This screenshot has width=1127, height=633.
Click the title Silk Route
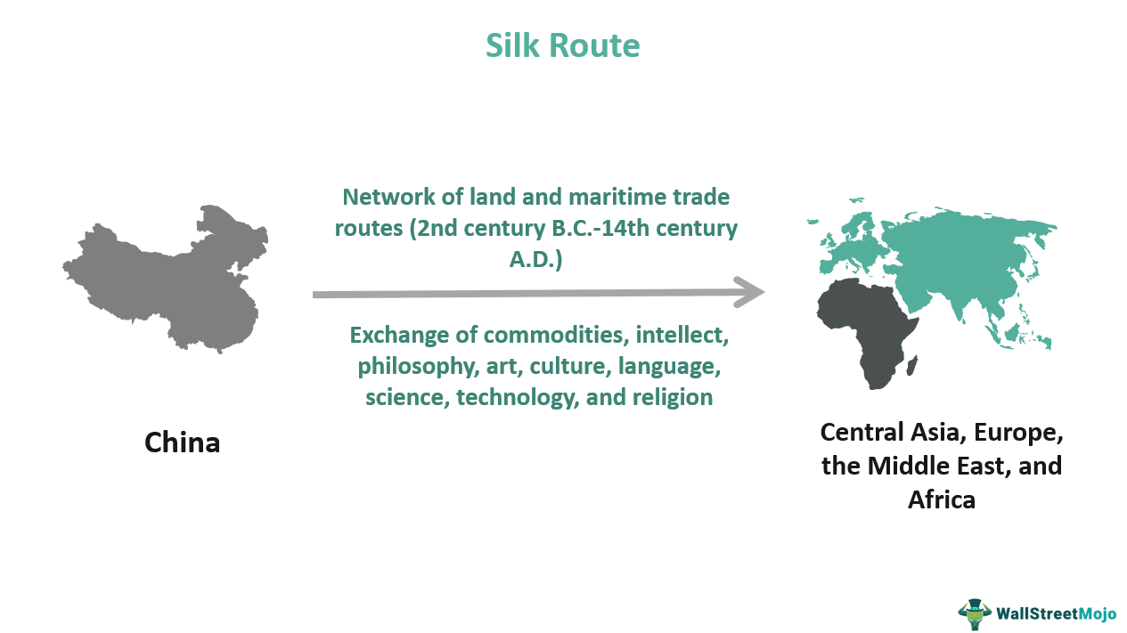tap(562, 45)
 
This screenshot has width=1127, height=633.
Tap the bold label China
tap(182, 442)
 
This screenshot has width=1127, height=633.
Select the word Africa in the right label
tap(941, 499)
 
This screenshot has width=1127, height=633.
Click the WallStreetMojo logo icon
tap(974, 613)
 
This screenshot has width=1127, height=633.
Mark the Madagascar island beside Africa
tap(912, 365)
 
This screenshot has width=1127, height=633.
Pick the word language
tap(667, 366)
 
